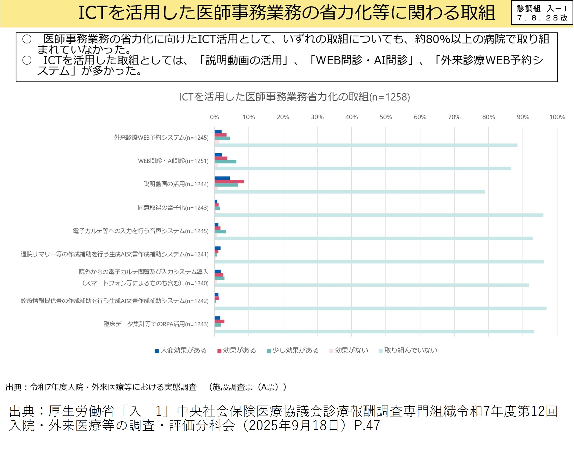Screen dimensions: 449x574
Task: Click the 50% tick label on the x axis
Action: pyautogui.click(x=386, y=117)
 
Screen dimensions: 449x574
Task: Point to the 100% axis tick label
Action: pyautogui.click(x=557, y=117)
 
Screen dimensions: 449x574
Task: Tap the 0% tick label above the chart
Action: pyautogui.click(x=214, y=117)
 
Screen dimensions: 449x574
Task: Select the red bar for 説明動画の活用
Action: pyautogui.click(x=229, y=182)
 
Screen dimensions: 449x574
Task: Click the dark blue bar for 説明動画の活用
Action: pyautogui.click(x=222, y=178)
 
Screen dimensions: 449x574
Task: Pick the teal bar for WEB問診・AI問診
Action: pyautogui.click(x=225, y=162)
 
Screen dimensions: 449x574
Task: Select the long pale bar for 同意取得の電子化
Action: pyautogui.click(x=379, y=215)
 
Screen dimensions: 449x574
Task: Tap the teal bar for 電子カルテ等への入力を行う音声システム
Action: pyautogui.click(x=220, y=232)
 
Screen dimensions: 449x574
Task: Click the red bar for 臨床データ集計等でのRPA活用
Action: pyautogui.click(x=219, y=322)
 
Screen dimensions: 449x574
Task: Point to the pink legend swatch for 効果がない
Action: pyautogui.click(x=331, y=351)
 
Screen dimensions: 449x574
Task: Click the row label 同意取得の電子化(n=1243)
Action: pyautogui.click(x=173, y=208)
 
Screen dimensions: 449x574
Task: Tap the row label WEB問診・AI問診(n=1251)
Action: pyautogui.click(x=173, y=161)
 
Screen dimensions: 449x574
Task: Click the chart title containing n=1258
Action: pyautogui.click(x=295, y=97)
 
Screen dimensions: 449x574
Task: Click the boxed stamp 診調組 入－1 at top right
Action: pyautogui.click(x=542, y=13)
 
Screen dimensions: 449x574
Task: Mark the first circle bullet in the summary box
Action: pyautogui.click(x=27, y=39)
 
